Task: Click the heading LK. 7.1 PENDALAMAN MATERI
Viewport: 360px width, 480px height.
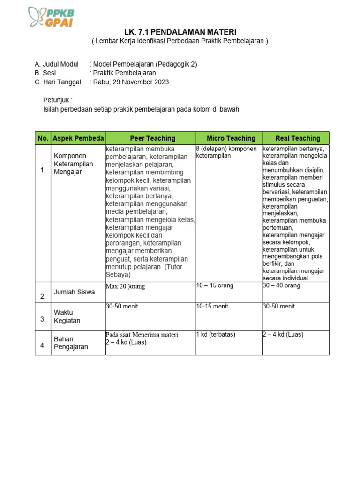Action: (180, 32)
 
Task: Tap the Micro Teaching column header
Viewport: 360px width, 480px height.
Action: (231, 138)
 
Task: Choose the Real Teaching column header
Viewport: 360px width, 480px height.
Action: (298, 138)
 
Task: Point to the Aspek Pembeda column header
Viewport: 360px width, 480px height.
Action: (78, 138)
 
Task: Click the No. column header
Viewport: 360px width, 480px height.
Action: (43, 138)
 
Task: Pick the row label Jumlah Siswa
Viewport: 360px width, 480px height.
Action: (74, 292)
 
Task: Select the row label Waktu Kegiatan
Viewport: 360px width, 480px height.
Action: (67, 316)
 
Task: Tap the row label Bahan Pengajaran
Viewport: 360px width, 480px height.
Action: (71, 343)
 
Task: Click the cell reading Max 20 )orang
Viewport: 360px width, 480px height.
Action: (125, 286)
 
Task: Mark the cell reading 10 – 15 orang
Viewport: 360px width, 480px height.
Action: (215, 285)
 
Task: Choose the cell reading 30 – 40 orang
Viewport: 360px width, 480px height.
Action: (281, 285)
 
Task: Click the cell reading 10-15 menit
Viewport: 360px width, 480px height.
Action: (212, 307)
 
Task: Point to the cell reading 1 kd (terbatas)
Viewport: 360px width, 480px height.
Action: (216, 335)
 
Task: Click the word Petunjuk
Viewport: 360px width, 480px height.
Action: (58, 100)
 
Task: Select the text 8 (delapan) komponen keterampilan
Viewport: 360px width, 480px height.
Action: (226, 152)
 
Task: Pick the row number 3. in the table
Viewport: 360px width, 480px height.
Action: (43, 319)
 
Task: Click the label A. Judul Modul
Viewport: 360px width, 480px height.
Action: (57, 64)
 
